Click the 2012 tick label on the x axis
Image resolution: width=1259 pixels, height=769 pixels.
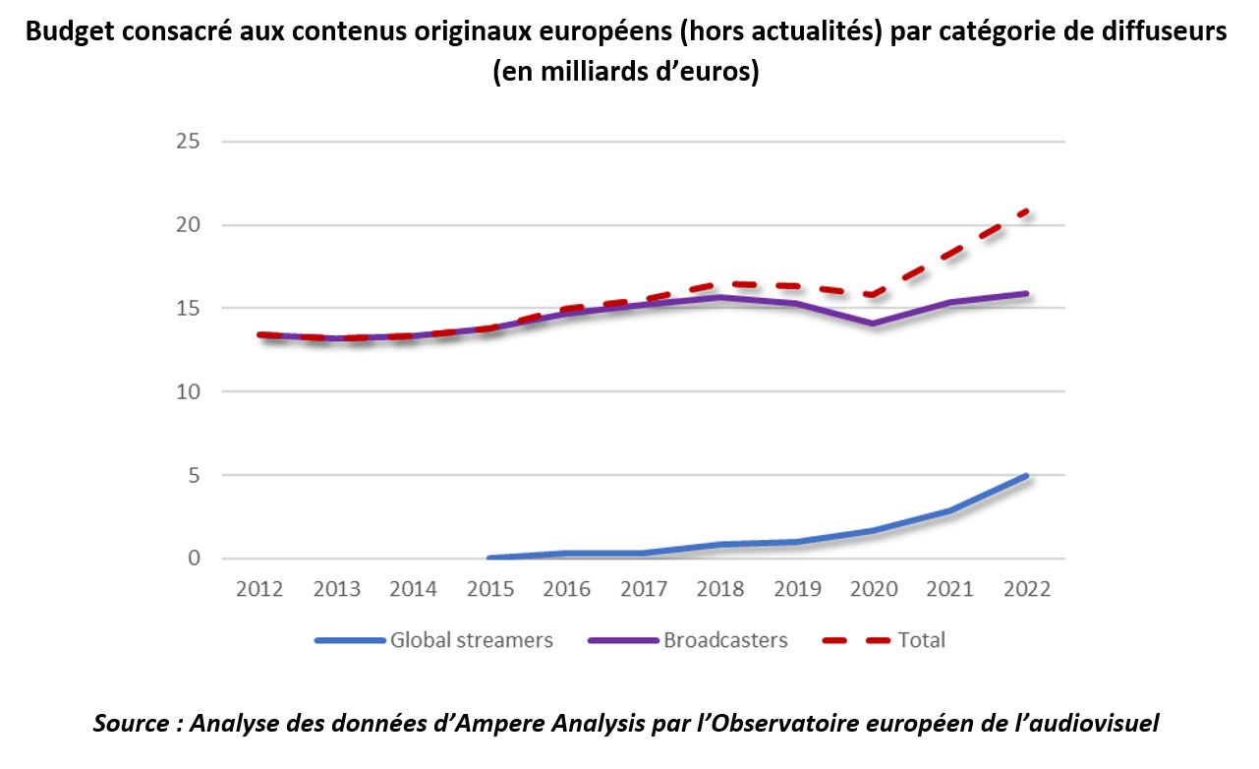(259, 589)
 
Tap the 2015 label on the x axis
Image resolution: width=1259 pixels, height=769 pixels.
(490, 589)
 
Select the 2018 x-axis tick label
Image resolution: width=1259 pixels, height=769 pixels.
(720, 589)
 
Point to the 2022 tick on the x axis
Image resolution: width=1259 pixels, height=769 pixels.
(1027, 589)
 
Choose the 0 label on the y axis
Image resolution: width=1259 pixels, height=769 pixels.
(194, 559)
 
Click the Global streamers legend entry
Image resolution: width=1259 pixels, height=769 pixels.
(471, 640)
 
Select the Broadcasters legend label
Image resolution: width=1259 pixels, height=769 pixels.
(725, 640)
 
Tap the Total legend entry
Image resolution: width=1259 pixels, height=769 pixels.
(920, 640)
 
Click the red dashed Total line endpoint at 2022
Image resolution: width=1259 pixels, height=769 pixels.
(1027, 210)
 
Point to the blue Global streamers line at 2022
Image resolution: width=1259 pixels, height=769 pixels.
(1027, 476)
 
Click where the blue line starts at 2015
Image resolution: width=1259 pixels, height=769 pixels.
(490, 558)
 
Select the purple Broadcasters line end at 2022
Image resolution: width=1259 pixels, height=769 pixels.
(1027, 293)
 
